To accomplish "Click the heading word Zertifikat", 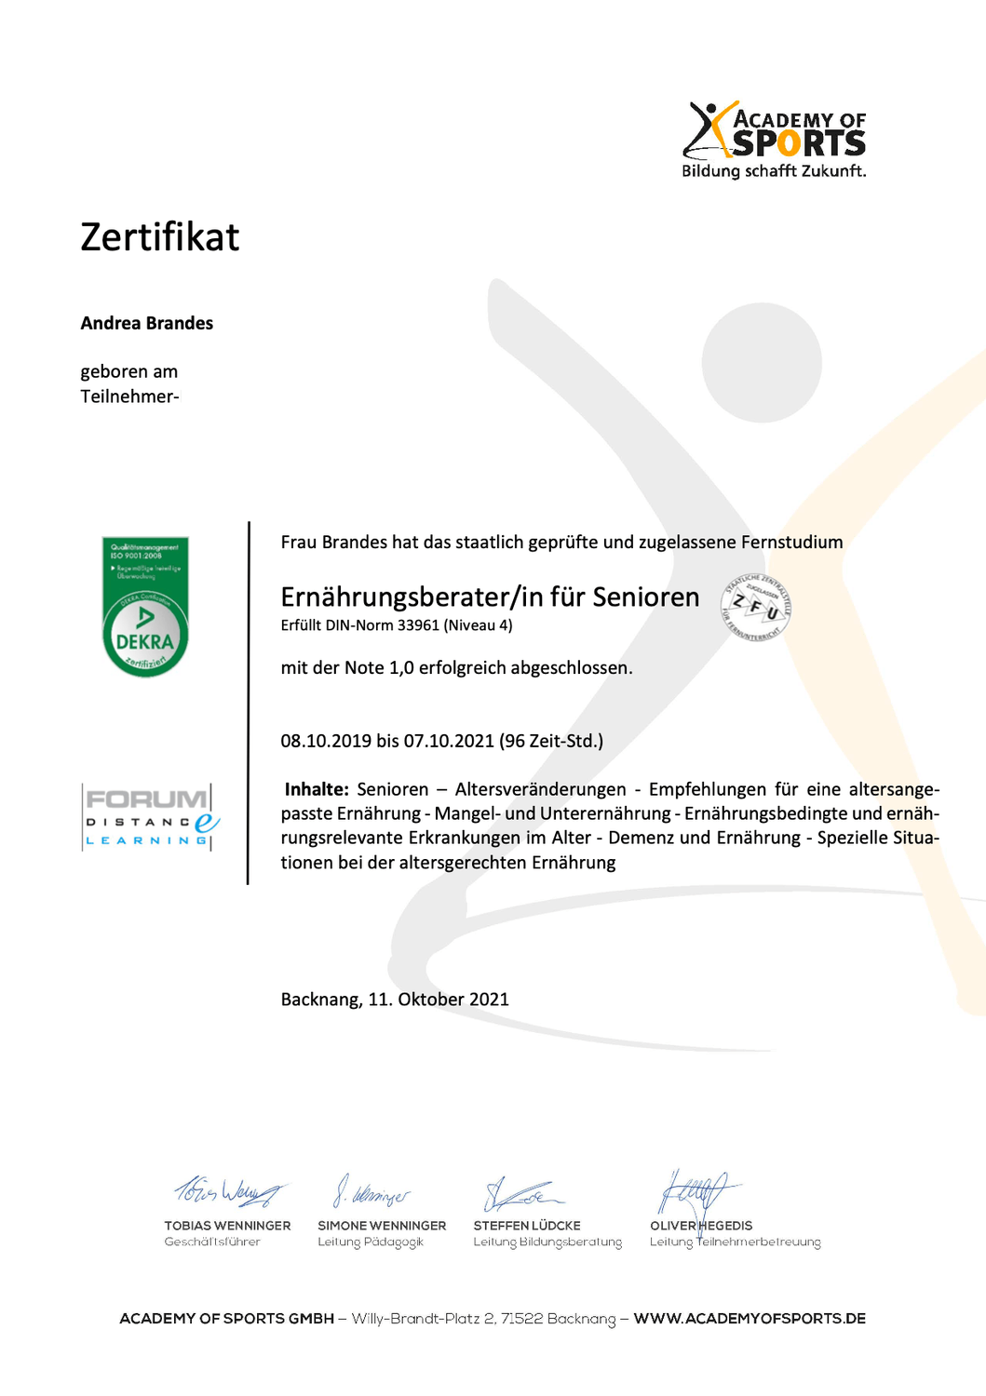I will (x=160, y=237).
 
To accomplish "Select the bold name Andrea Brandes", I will (x=147, y=323).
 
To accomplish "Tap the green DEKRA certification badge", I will (x=145, y=607).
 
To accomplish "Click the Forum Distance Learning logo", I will (x=150, y=817).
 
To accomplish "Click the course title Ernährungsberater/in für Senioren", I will (x=490, y=597).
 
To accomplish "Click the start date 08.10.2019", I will (x=326, y=741).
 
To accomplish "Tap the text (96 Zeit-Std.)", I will (x=551, y=741).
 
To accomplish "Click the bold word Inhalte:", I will (x=317, y=789).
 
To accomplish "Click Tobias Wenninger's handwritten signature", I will (x=228, y=1191).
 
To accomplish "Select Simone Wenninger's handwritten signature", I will (x=371, y=1192).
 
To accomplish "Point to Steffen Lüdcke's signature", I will (x=521, y=1193).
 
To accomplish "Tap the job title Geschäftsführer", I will (x=212, y=1242).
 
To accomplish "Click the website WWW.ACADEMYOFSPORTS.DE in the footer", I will (x=750, y=1319).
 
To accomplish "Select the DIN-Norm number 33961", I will (x=418, y=625).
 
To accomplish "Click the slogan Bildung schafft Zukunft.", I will (x=774, y=171).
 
